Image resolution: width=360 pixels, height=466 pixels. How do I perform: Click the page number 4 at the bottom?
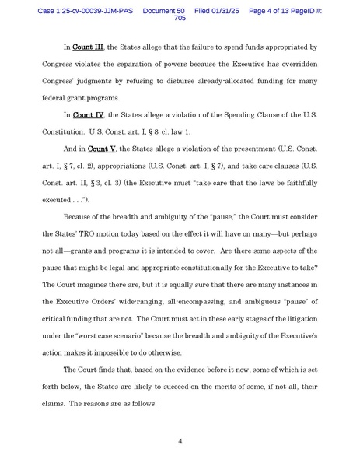180,442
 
